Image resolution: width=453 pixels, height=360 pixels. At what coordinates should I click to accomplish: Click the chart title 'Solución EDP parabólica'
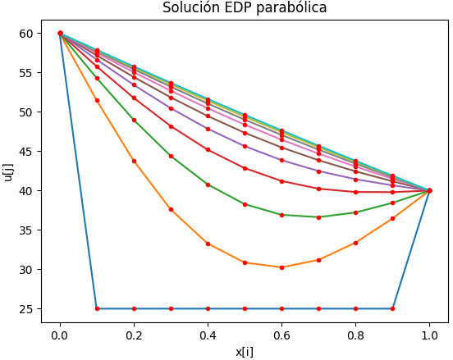(x=245, y=8)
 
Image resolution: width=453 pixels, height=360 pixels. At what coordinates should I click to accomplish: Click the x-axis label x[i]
(x=245, y=350)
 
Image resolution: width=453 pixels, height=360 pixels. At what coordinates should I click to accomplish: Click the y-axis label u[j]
(x=9, y=171)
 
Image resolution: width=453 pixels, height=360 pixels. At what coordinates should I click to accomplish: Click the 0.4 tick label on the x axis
(x=208, y=335)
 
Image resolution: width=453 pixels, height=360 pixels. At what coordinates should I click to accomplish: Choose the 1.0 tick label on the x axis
(x=429, y=335)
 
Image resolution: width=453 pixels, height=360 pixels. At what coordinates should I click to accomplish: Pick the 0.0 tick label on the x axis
(x=60, y=335)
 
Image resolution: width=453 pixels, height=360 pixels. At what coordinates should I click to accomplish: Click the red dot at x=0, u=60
(x=60, y=34)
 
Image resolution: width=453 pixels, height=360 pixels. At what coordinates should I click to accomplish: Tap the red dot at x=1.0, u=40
(x=429, y=191)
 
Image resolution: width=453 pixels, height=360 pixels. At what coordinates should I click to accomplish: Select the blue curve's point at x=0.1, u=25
(x=97, y=308)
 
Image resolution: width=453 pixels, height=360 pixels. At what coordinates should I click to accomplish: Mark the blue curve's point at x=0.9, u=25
(x=392, y=308)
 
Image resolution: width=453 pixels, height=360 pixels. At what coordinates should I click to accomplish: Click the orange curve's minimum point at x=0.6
(x=281, y=267)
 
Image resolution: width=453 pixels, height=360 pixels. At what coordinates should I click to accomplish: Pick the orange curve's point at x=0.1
(x=97, y=100)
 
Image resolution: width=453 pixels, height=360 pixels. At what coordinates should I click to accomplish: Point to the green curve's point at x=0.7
(x=318, y=217)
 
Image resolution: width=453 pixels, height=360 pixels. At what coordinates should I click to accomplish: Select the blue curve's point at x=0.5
(x=245, y=308)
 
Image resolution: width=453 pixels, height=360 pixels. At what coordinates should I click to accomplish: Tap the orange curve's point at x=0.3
(x=171, y=210)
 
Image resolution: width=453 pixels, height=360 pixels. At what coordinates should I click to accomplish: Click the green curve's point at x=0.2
(x=134, y=120)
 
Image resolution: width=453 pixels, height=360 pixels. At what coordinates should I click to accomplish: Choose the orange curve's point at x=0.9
(x=392, y=218)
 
